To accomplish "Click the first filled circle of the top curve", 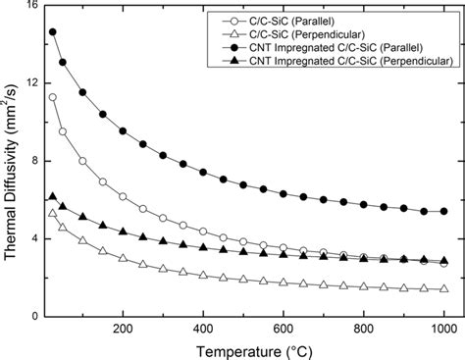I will (x=52, y=32).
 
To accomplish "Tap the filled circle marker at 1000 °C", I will (x=443, y=212).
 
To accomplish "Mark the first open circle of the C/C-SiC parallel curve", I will (x=52, y=97).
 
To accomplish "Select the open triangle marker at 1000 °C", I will (x=443, y=288).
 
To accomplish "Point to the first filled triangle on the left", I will (x=52, y=196).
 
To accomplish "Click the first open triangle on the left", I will (x=52, y=213).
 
